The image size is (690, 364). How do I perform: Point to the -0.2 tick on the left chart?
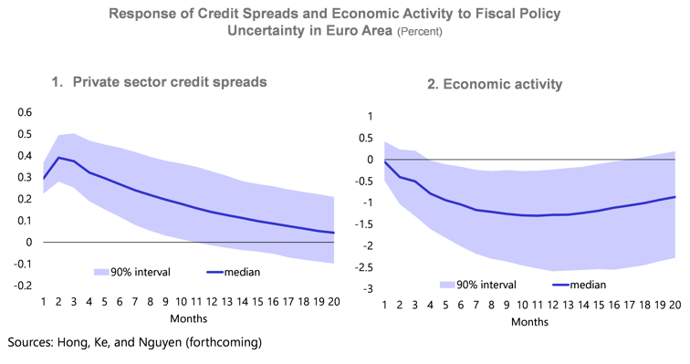coord(18,286)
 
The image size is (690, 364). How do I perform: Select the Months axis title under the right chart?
coord(529,322)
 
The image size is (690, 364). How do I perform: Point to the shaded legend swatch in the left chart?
coord(106,271)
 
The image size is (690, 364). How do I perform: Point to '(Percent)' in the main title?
coord(420,31)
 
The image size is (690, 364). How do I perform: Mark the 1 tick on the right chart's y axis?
coord(368,116)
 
